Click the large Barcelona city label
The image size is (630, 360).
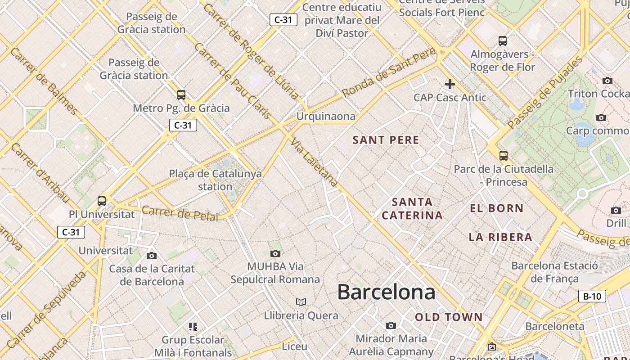coord(386,292)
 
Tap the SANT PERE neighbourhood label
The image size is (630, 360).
coord(386,140)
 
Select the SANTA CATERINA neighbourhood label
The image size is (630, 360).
coord(412,208)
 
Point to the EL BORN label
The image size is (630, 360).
coord(497,208)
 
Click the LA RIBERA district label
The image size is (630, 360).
coord(500,237)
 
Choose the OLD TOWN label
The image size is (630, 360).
coord(449,317)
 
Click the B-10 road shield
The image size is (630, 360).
coord(592,296)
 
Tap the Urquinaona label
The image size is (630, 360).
coord(326,117)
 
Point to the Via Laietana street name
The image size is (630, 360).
coord(314,162)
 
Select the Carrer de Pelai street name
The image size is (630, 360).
coord(180,213)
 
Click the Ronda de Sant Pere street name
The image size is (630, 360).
coord(389,72)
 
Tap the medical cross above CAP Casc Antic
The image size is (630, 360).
coord(450,84)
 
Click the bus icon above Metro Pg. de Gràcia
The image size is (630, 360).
coord(181,94)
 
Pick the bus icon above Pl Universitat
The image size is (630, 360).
coord(102,201)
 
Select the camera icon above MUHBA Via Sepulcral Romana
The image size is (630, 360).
coord(275,253)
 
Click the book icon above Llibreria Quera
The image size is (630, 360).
coord(301,302)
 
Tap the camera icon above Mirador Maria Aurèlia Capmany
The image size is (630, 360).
coord(391,325)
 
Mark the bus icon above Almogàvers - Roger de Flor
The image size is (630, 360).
coord(503,41)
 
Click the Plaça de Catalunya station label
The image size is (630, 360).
coord(215,180)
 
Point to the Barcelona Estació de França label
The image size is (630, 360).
coord(554,272)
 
